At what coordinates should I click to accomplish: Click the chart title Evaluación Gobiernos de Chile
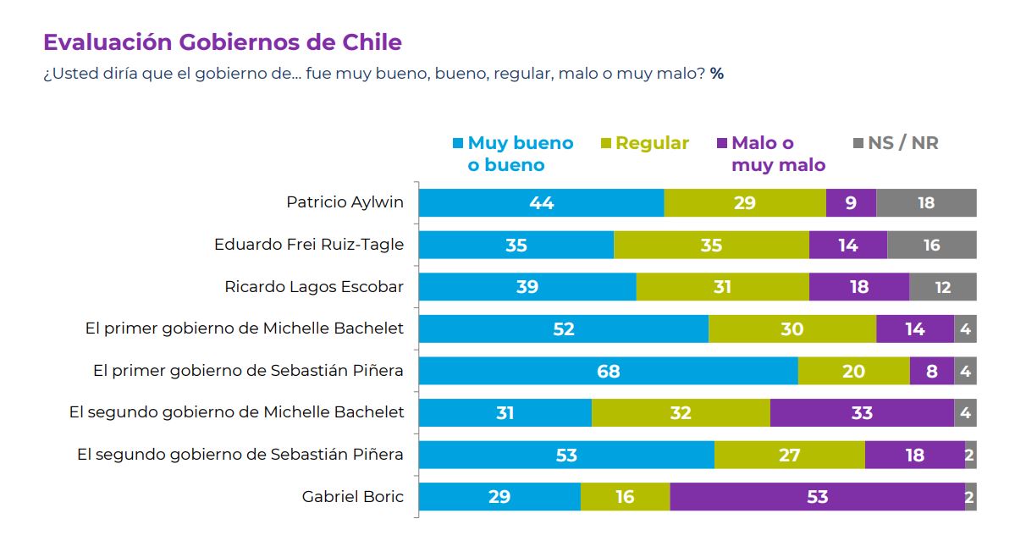tap(222, 42)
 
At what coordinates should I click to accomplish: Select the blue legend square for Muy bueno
tap(459, 143)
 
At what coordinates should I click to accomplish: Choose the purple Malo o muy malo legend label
tap(778, 154)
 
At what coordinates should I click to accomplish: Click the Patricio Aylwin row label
tap(345, 202)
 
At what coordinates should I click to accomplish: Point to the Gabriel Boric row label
tap(352, 497)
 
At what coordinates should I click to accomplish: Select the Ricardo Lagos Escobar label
tap(314, 287)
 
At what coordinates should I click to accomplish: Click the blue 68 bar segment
tap(608, 371)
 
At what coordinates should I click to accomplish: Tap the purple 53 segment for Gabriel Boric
tap(817, 497)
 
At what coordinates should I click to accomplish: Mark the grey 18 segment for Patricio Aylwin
tap(926, 203)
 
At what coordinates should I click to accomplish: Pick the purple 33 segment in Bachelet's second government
tap(862, 413)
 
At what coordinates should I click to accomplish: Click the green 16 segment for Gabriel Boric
tap(625, 497)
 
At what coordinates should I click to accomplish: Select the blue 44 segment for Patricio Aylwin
tap(542, 203)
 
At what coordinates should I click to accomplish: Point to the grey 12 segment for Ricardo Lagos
tap(942, 287)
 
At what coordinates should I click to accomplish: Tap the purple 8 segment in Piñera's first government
tap(932, 371)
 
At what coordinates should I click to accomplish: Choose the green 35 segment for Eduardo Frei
tap(711, 245)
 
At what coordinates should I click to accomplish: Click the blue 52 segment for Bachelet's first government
tap(564, 328)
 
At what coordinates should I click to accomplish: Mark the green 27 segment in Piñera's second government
tap(789, 455)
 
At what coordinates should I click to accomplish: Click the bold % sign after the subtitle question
tap(717, 74)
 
